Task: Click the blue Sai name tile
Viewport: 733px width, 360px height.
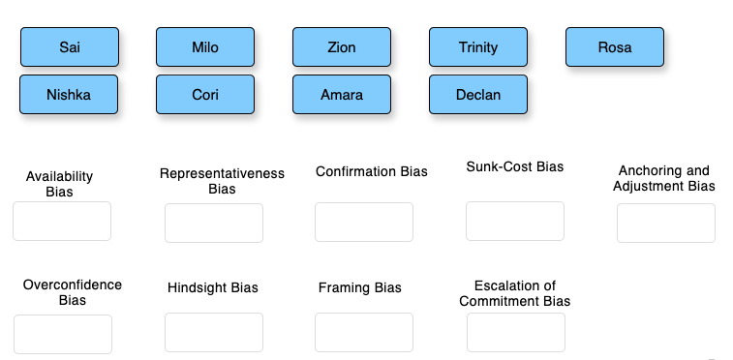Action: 70,46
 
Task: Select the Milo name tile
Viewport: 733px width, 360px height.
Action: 205,46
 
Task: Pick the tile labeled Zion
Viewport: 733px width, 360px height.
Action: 342,46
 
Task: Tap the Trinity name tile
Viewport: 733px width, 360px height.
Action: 478,46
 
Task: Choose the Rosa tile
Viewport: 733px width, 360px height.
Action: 615,46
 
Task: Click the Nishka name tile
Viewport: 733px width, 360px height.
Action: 69,95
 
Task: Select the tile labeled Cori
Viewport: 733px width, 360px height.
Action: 205,95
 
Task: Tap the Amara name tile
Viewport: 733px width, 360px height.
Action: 342,95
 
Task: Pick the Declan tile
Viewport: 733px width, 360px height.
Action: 478,95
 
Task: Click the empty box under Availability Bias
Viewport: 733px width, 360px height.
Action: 62,221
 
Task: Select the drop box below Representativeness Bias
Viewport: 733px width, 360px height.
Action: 214,223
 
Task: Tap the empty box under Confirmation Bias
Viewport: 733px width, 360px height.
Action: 364,222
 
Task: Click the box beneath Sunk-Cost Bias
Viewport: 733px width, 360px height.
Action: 515,221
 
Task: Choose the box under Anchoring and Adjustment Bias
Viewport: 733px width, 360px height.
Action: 666,223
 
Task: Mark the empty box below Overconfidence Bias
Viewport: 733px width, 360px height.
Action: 63,334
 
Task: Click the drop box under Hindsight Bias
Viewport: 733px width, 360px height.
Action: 214,332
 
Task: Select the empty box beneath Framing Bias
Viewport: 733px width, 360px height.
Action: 364,332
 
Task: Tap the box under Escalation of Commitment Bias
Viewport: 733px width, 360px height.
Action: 516,332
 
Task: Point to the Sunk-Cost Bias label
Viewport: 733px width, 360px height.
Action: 515,166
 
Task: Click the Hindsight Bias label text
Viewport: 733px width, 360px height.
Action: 213,287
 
